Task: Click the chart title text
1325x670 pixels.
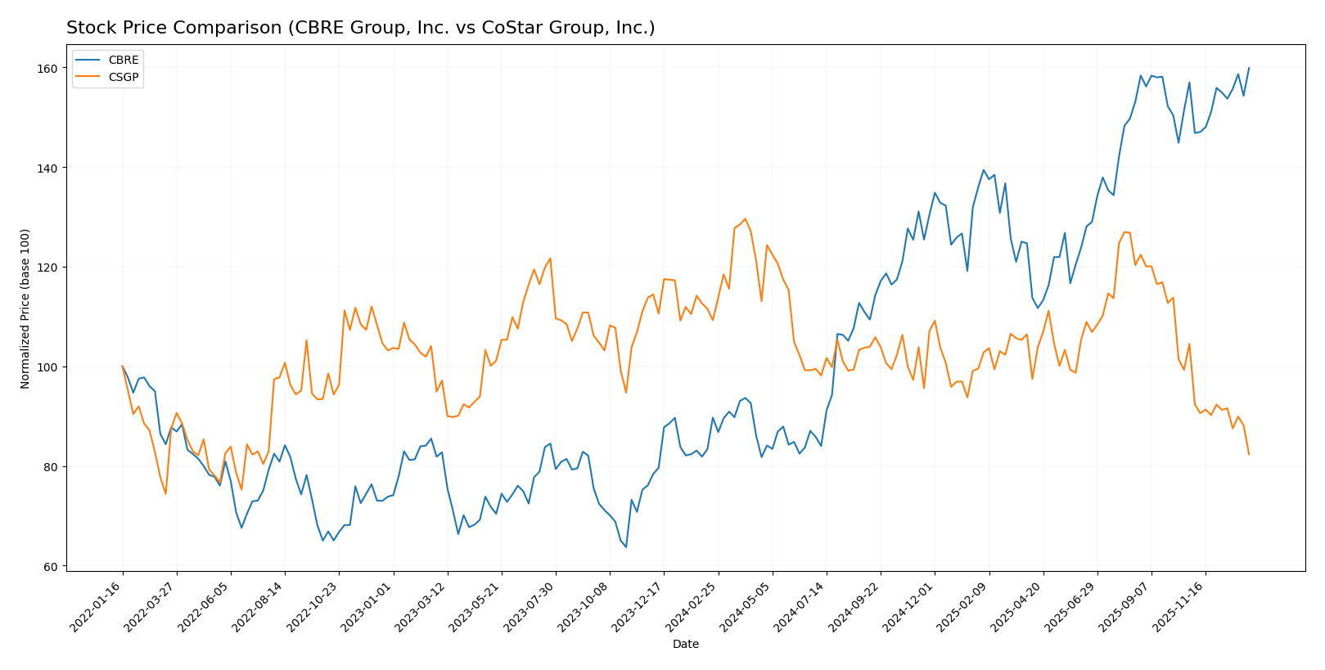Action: tap(360, 28)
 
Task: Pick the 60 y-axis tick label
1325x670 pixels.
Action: tap(49, 567)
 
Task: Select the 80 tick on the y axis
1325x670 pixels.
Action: tap(49, 467)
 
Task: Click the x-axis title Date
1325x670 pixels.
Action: tap(685, 645)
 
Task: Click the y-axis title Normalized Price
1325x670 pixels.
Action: tap(25, 308)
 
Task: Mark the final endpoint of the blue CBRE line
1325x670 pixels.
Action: tap(1249, 68)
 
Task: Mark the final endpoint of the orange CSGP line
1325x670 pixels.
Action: tap(1249, 454)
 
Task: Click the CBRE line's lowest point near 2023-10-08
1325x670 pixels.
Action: tap(626, 546)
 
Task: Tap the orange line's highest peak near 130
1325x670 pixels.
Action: tap(745, 218)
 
